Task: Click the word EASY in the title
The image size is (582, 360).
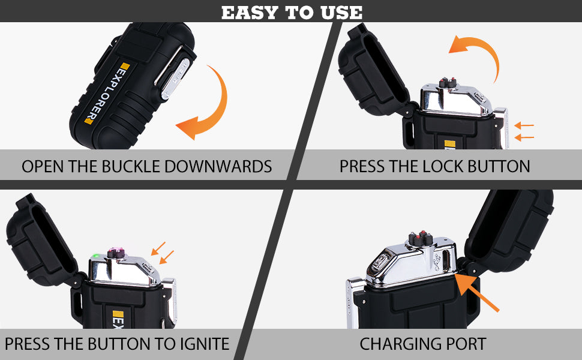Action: pos(250,13)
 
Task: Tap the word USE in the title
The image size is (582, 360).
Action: pos(342,13)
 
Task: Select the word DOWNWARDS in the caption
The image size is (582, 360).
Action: pos(218,166)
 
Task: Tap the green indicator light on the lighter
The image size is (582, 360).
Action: pos(97,256)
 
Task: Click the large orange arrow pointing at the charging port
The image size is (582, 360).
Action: pos(477,292)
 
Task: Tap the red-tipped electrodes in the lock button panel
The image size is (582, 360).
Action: pos(447,82)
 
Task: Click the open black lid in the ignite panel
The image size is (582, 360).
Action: pos(41,241)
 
